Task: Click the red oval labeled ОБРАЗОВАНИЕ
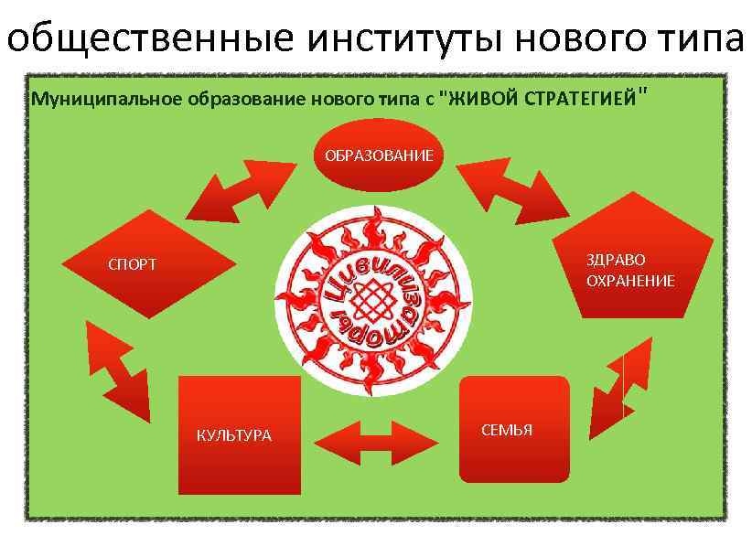pyautogui.click(x=380, y=155)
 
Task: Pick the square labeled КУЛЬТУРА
pyautogui.click(x=240, y=434)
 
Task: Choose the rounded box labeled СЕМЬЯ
pyautogui.click(x=513, y=429)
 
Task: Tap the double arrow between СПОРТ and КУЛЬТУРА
pyautogui.click(x=116, y=370)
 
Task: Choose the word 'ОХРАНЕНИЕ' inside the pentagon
pyautogui.click(x=630, y=281)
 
